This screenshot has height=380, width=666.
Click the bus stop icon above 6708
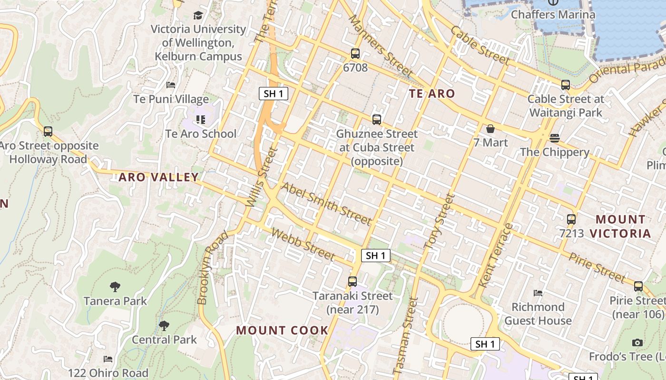(x=355, y=54)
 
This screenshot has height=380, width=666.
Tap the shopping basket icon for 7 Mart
(x=490, y=129)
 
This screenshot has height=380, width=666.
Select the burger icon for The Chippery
(x=554, y=138)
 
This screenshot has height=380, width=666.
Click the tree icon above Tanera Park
(x=115, y=286)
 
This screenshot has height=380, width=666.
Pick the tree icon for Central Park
(x=164, y=325)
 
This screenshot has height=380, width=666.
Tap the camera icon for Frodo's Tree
(x=637, y=342)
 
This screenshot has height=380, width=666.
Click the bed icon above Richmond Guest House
(x=538, y=293)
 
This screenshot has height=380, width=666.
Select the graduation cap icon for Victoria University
(x=198, y=15)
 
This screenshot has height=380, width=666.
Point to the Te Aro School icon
(x=200, y=120)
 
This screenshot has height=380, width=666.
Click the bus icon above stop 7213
(x=571, y=219)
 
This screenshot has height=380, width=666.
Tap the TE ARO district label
(x=432, y=94)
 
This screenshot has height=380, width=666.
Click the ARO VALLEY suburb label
(x=158, y=177)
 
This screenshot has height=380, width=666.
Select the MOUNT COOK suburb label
(x=282, y=330)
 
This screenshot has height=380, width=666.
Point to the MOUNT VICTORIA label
(x=621, y=226)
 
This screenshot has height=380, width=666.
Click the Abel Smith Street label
(x=326, y=203)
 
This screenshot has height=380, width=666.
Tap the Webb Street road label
(x=303, y=245)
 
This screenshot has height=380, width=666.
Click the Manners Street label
(x=380, y=46)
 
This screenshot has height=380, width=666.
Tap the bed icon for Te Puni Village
(x=171, y=85)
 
